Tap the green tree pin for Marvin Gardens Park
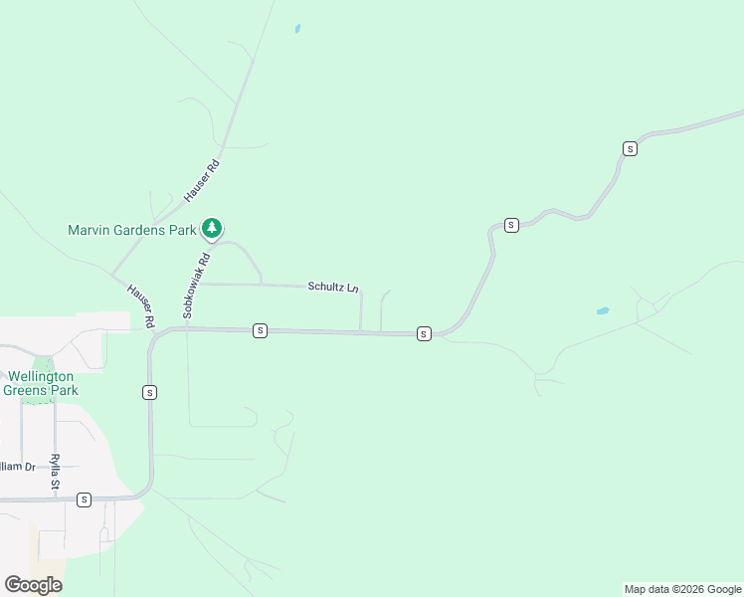[211, 229]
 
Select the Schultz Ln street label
[332, 287]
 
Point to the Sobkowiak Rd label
[196, 286]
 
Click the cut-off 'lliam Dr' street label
[17, 466]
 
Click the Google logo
[33, 585]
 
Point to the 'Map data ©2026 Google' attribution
[683, 589]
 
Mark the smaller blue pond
[296, 29]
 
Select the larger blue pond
[602, 311]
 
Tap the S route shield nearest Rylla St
[84, 499]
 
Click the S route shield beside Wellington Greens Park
[149, 393]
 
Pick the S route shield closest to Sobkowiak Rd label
[260, 330]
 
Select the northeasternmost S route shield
[630, 148]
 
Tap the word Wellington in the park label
[41, 377]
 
